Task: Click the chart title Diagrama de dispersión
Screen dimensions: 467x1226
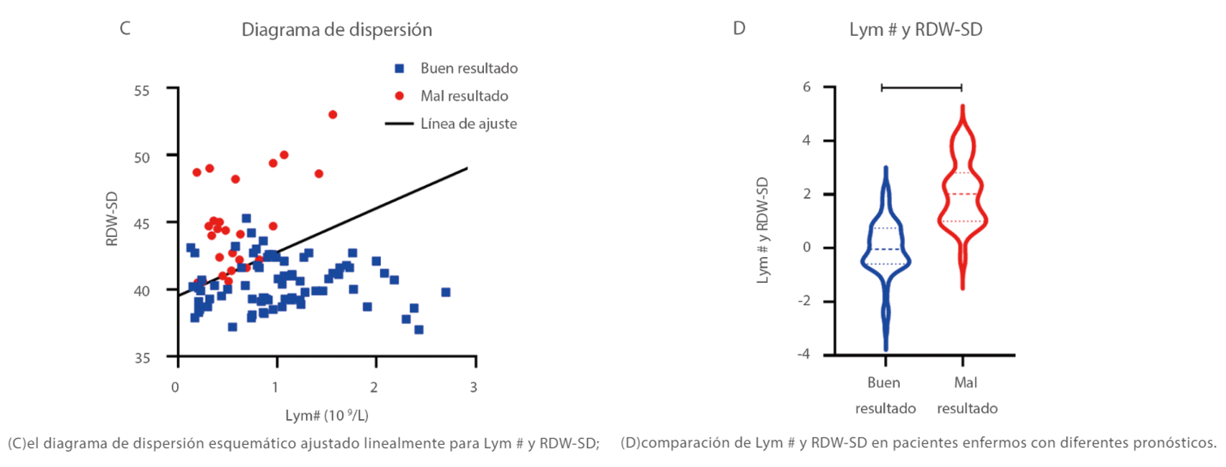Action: (336, 30)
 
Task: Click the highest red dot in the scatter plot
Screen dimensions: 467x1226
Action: (333, 115)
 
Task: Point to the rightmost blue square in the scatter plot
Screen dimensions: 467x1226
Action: (445, 292)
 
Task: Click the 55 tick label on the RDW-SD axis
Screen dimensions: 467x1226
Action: (142, 91)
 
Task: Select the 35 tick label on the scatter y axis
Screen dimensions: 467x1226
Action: (142, 357)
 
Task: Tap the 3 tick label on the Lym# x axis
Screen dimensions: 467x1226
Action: (473, 387)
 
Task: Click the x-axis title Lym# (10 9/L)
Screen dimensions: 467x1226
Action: (327, 415)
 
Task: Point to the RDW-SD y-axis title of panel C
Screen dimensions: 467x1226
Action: (112, 218)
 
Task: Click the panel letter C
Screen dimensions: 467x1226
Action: (125, 29)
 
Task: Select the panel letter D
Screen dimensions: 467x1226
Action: (739, 29)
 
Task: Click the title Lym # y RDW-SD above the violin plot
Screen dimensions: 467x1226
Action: (916, 30)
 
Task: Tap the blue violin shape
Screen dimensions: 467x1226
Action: (886, 258)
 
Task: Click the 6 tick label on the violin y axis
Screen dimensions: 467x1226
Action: (807, 87)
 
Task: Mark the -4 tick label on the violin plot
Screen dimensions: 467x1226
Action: (804, 355)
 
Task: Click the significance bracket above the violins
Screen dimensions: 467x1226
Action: (921, 87)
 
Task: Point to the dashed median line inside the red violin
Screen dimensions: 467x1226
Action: (962, 194)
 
